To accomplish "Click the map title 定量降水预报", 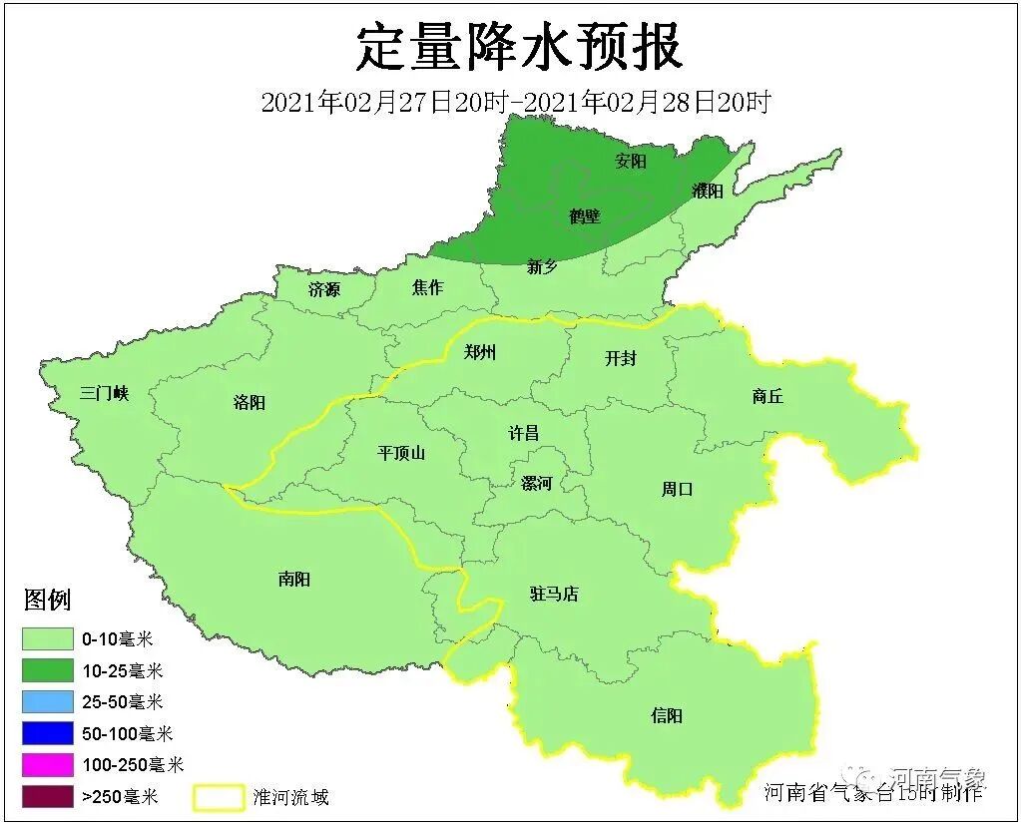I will pos(519,47).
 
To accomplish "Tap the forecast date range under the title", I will pos(515,102).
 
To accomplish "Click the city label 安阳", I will pos(630,161).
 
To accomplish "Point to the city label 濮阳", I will pos(707,192).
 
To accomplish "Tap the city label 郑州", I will pos(480,351).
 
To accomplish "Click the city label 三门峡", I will pos(105,393).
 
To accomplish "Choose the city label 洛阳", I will pos(249,402).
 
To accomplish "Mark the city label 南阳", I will pos(294,579).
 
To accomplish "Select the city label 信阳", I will pos(667,715).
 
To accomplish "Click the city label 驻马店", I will pos(554,594).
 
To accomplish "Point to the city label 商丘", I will pos(766,396).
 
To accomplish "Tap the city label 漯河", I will pos(536,484).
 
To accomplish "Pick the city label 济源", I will pos(323,290).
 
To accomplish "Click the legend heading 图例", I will pos(47,601).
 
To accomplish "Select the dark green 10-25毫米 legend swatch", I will pos(48,670).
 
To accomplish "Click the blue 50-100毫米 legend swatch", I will pos(48,733).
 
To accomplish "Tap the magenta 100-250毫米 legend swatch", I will pos(48,765).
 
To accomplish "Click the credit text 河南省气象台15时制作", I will pos(873,792).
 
